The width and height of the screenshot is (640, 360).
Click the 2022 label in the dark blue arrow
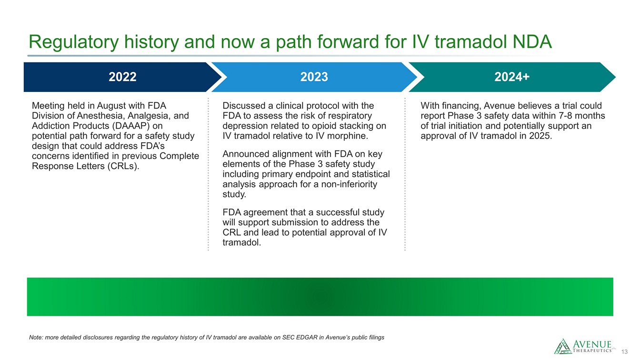coord(122,77)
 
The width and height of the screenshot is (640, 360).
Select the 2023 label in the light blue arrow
coord(314,77)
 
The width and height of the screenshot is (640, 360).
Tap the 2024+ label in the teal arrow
coord(512,77)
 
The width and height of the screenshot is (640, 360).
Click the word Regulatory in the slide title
coord(73,42)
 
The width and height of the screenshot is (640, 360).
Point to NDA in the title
coord(532,42)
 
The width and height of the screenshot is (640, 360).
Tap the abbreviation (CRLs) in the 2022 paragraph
coord(123,166)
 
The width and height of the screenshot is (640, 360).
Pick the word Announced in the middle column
coord(246,154)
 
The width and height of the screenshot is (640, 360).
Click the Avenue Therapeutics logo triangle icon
coord(562,346)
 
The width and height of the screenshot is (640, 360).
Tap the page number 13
coord(624,352)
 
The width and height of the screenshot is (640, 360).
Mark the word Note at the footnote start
coord(36,338)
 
